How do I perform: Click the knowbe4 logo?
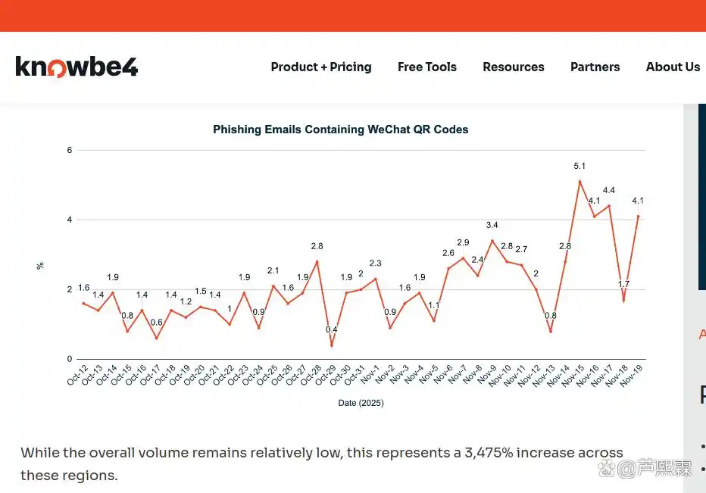(77, 67)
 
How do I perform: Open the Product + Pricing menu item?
(321, 67)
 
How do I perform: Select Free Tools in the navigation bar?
(427, 67)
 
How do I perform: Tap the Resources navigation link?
(514, 67)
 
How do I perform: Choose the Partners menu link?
(595, 67)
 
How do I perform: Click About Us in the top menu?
(673, 67)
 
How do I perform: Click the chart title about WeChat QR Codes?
(340, 129)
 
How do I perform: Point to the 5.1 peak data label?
(579, 166)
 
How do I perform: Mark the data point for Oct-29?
(332, 345)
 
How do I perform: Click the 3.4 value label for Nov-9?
(492, 225)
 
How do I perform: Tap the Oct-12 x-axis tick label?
(77, 375)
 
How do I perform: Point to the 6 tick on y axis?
(70, 150)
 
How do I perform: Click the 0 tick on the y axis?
(70, 359)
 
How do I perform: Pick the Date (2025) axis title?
(361, 404)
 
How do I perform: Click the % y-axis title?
(40, 266)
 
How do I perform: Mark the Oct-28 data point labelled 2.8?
(317, 261)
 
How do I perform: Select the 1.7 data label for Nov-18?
(623, 284)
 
